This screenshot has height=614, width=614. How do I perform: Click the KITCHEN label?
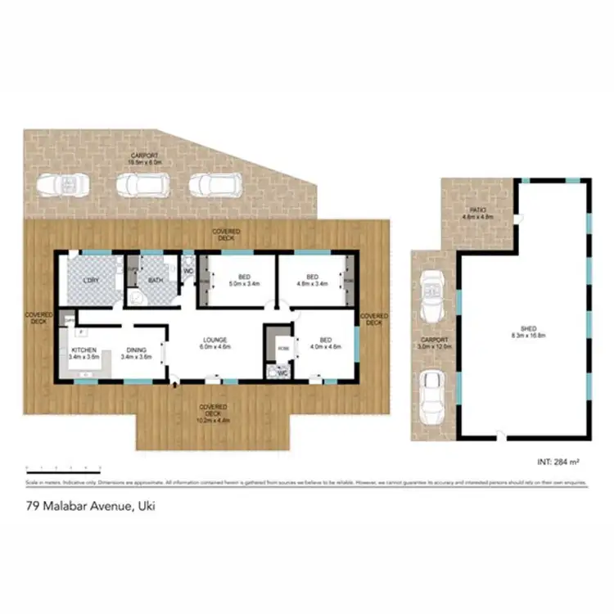point(84,353)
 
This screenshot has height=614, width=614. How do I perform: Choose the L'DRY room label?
point(92,281)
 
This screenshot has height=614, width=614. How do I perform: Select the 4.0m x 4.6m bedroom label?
point(325,343)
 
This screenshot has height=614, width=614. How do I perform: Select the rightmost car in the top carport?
point(214,185)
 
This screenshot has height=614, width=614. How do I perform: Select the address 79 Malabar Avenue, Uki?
point(90,506)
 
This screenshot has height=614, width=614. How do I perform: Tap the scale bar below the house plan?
point(63,468)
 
